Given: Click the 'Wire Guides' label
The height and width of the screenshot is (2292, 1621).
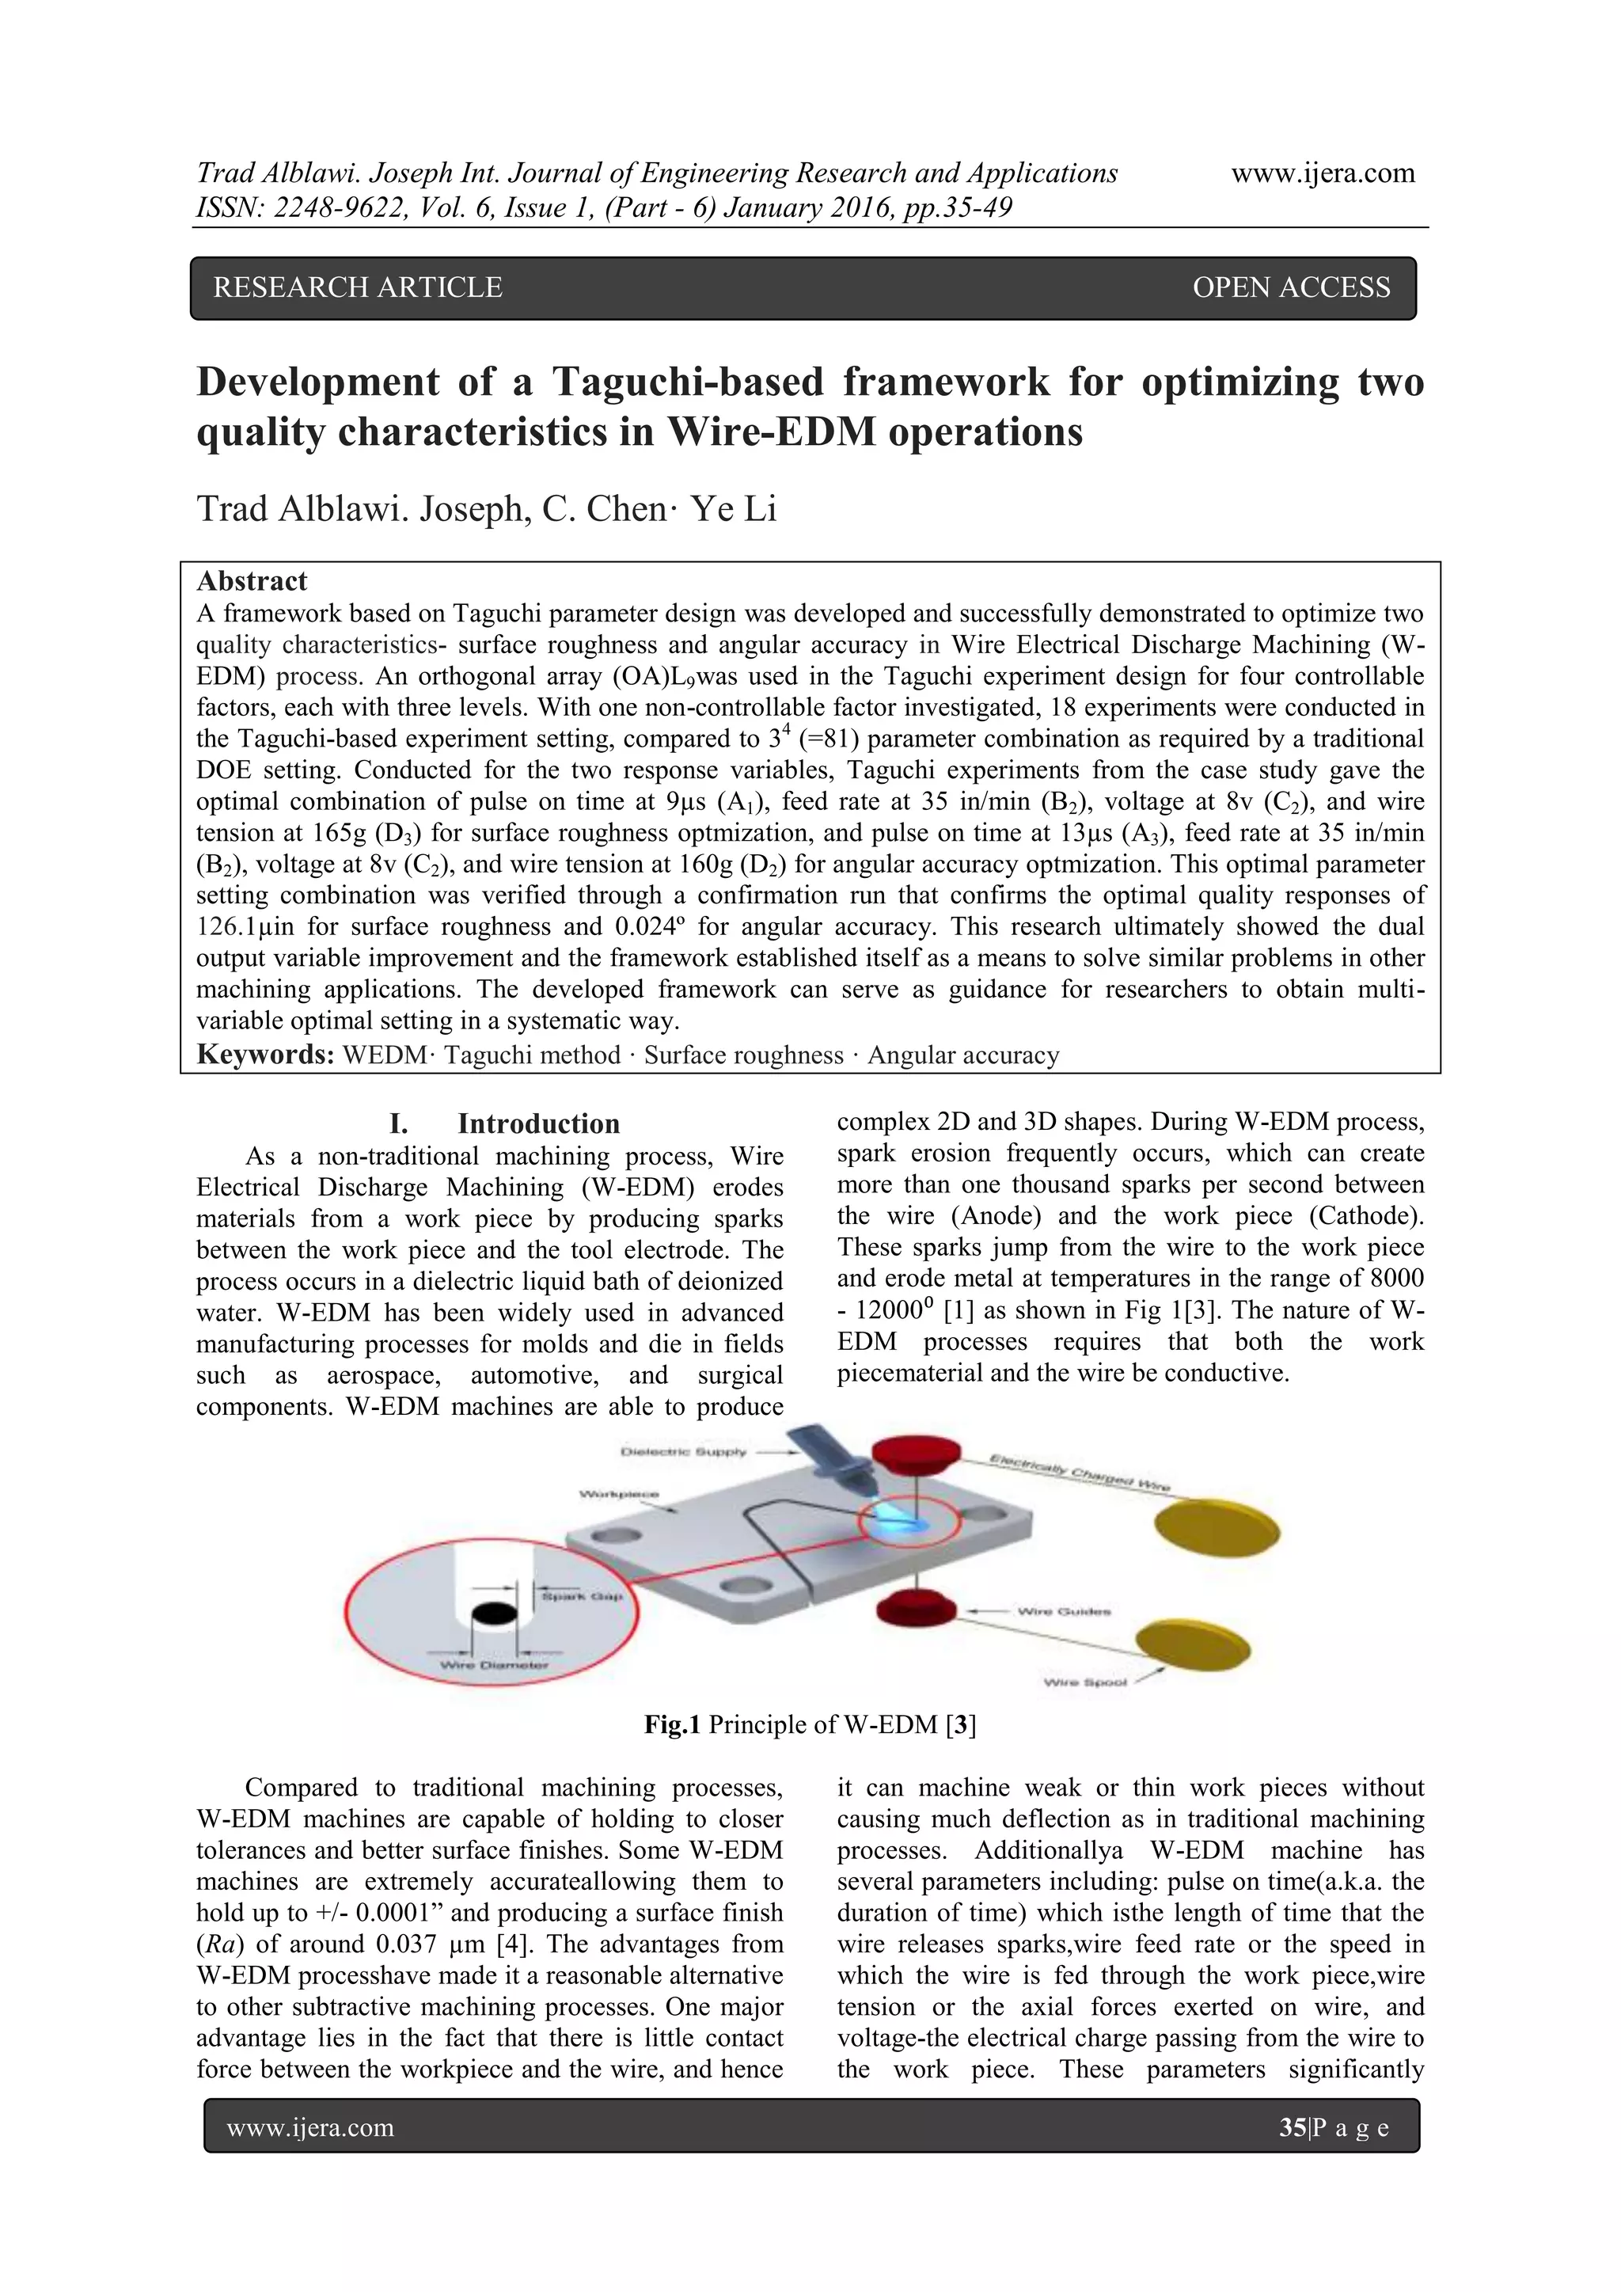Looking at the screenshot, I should click(x=1064, y=1611).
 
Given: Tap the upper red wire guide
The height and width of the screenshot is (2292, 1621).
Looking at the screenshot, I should click(x=915, y=1461).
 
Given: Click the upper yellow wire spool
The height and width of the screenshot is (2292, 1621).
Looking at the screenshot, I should click(x=1217, y=1527).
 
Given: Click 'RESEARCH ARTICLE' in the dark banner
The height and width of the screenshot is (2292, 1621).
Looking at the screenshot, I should click(x=357, y=287).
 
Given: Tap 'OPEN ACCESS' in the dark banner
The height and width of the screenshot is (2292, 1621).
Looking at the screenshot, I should click(x=1291, y=287).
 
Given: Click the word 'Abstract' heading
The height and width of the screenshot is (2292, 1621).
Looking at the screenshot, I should click(x=252, y=581).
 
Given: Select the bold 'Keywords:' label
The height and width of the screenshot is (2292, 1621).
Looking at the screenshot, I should click(x=265, y=1055).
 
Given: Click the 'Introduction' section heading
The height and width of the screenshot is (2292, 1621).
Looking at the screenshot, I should click(x=538, y=1124).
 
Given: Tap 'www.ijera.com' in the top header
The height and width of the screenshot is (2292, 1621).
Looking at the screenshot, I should click(x=1323, y=173).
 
